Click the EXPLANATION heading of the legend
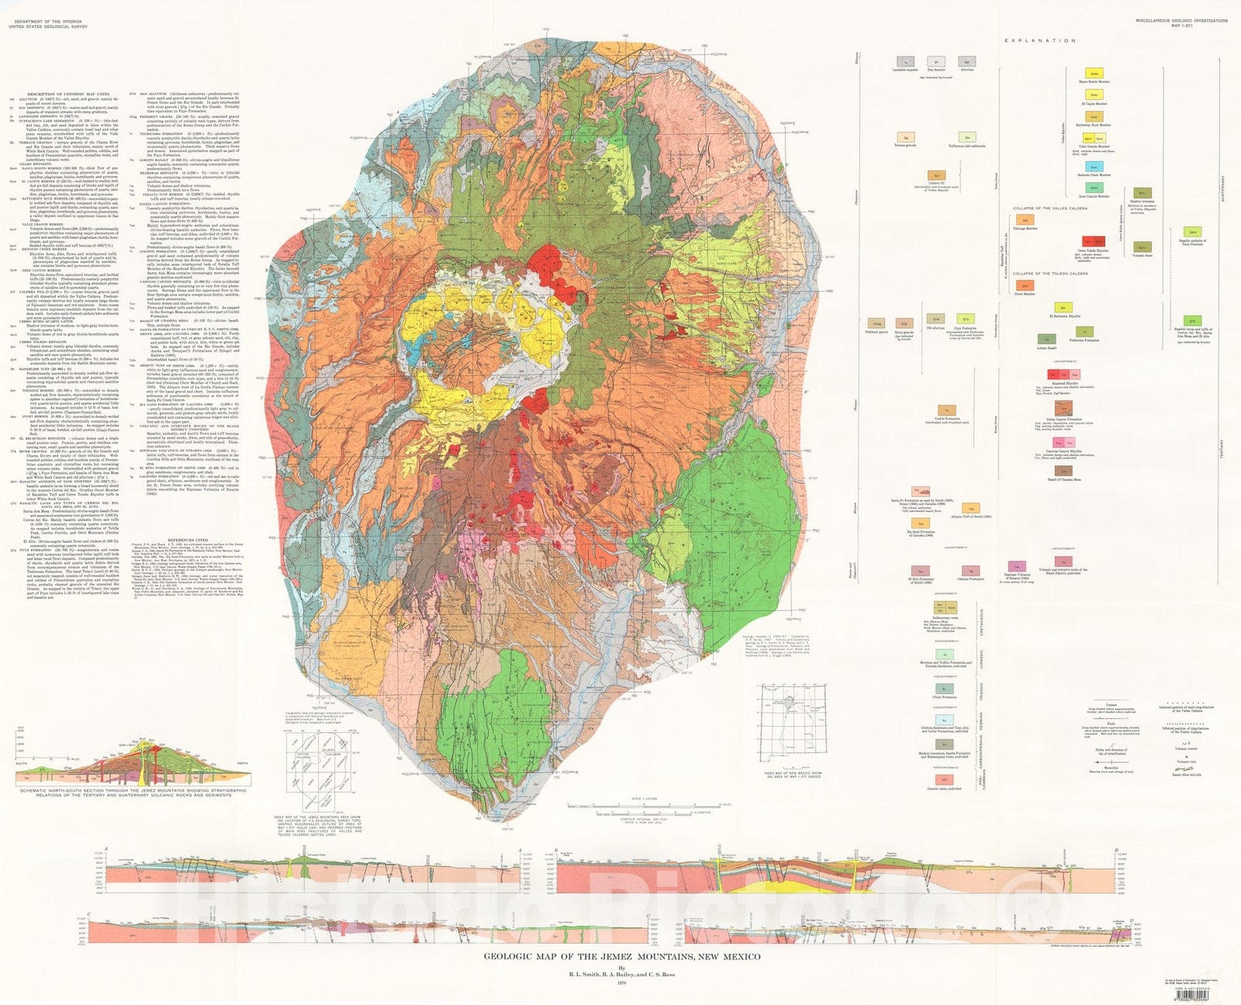coord(1040,40)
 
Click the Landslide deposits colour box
coord(904,60)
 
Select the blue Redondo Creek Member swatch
coord(1094,187)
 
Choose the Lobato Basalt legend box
coord(1047,339)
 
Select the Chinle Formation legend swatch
coord(944,688)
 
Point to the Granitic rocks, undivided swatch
coord(944,779)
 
